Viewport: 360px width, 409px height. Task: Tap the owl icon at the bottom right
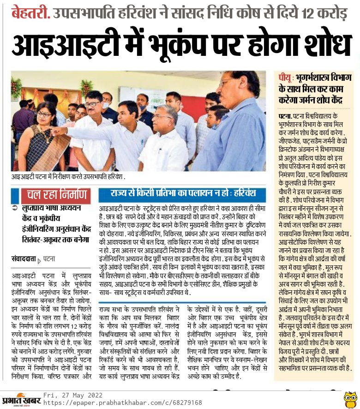pyautogui.click(x=350, y=399)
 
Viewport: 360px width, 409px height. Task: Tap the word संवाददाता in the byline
pyautogui.click(x=23, y=259)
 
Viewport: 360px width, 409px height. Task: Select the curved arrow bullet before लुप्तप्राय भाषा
pyautogui.click(x=16, y=208)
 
